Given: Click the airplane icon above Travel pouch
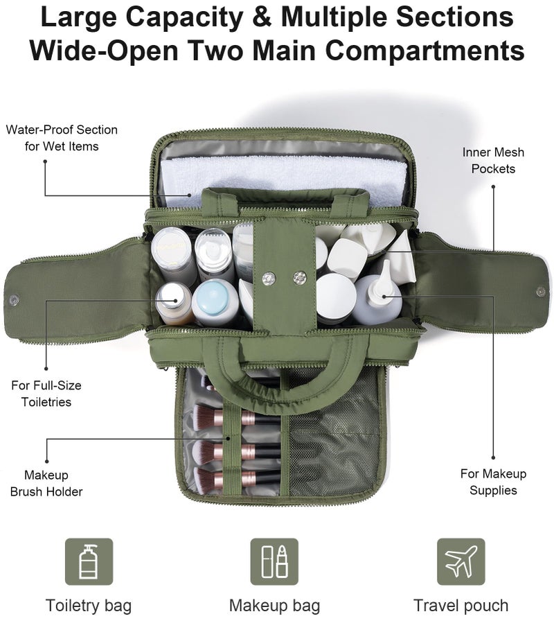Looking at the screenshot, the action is [x=461, y=561].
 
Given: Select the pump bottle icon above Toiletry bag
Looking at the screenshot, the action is [x=89, y=561].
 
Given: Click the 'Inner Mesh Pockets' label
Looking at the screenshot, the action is [x=493, y=161].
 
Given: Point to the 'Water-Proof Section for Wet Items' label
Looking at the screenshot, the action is [x=62, y=138].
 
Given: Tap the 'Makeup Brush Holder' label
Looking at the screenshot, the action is [x=46, y=483].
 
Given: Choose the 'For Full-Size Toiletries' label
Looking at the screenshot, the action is [x=46, y=394].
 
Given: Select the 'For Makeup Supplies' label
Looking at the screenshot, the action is [x=493, y=482].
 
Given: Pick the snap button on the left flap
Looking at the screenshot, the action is [x=13, y=299].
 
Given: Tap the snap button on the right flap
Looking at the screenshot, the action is [x=541, y=292].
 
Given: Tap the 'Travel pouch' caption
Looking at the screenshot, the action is [x=461, y=606].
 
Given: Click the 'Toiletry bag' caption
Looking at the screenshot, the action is [x=89, y=606].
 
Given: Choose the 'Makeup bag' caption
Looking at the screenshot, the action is [x=274, y=606].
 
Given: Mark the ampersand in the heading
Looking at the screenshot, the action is [x=262, y=17].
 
